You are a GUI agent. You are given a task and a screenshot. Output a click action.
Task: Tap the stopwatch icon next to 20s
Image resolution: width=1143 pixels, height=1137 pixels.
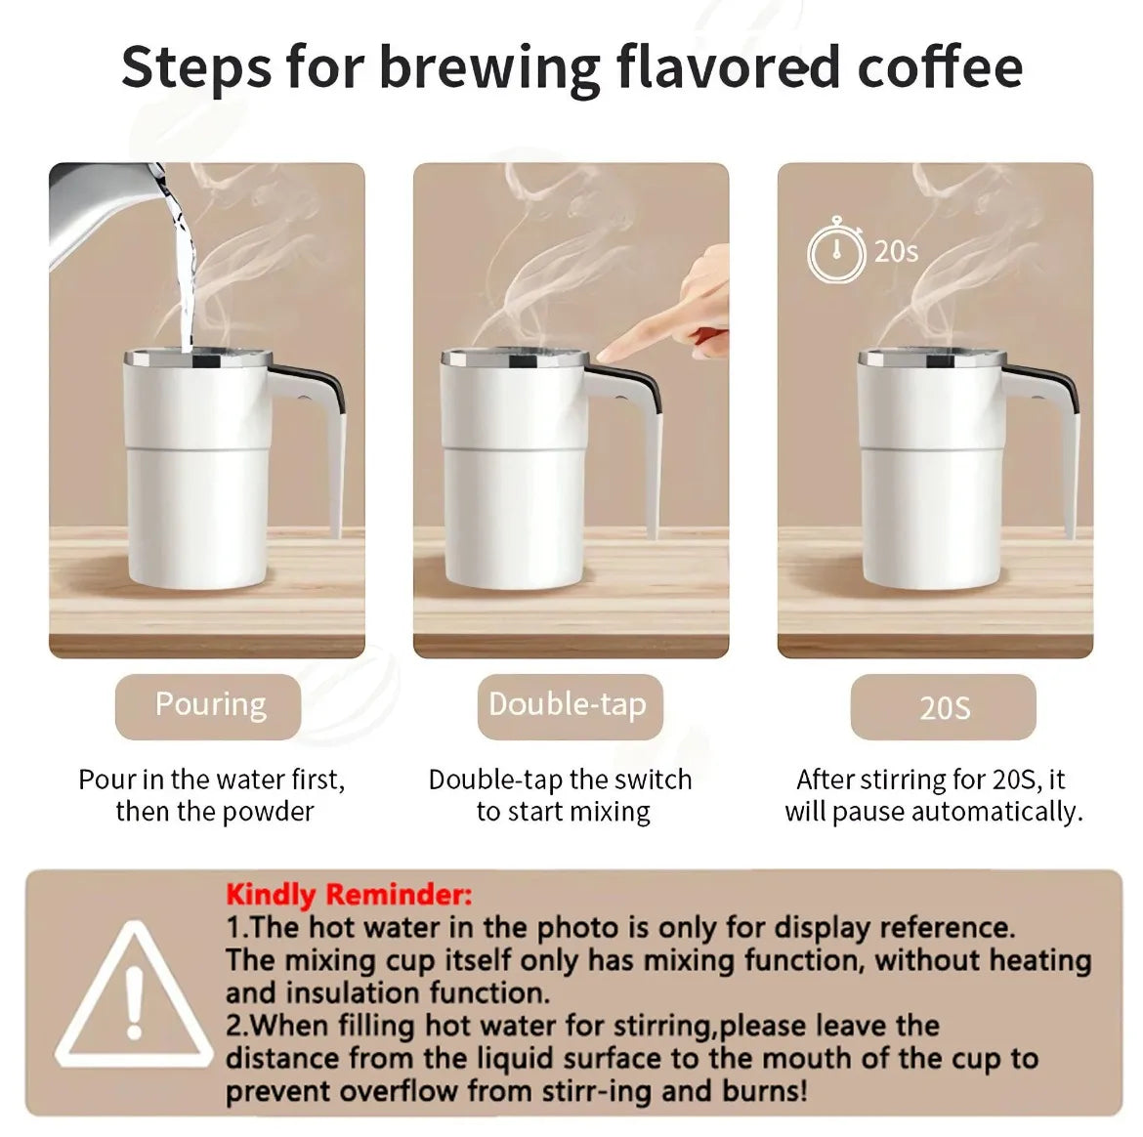click(835, 251)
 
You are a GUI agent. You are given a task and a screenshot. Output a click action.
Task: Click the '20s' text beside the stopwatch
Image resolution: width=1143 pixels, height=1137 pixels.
click(896, 251)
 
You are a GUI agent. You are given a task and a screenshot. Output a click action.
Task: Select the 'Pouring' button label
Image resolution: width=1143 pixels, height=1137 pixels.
click(209, 705)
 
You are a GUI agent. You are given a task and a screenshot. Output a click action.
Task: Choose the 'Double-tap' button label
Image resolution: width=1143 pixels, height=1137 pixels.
click(568, 705)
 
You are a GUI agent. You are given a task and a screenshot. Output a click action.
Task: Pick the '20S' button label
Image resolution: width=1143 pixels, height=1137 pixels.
click(944, 707)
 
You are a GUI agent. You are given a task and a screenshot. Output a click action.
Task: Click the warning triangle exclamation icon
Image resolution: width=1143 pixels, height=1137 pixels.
click(134, 997)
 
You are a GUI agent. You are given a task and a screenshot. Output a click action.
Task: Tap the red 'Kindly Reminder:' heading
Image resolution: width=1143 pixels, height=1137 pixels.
click(349, 894)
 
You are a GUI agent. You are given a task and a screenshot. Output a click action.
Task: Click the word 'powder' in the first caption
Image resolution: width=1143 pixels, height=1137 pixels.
click(268, 812)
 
